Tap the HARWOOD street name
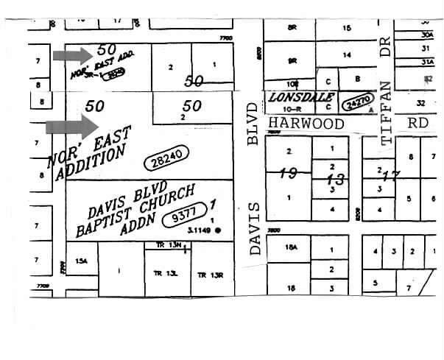306,124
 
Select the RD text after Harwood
418,123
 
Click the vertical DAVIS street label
256,228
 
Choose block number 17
389,175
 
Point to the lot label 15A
81,261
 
